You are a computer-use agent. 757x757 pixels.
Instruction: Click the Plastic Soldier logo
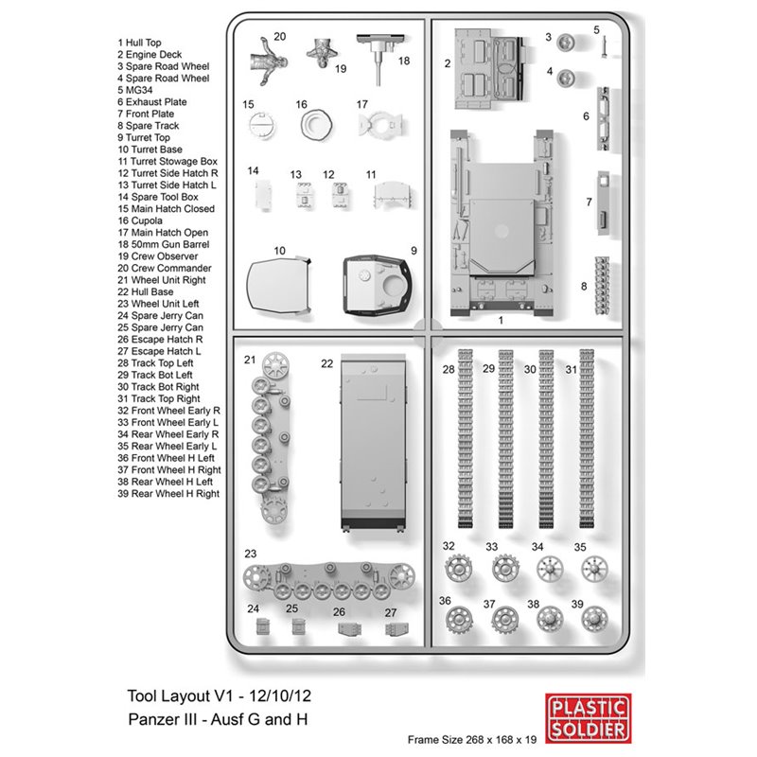pyautogui.click(x=588, y=718)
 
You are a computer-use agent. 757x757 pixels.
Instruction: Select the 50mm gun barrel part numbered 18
pyautogui.click(x=379, y=58)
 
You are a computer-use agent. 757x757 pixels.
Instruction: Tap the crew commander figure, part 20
pyautogui.click(x=269, y=62)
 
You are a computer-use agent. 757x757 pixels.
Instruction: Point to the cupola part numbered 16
pyautogui.click(x=316, y=125)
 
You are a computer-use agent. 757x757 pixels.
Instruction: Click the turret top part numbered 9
pyautogui.click(x=377, y=285)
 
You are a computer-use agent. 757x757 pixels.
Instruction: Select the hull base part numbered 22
pyautogui.click(x=373, y=443)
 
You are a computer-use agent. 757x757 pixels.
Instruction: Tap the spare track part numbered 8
pyautogui.click(x=602, y=286)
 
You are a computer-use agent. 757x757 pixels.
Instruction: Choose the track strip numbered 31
pyautogui.click(x=587, y=438)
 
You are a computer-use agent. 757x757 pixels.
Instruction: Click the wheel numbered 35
pyautogui.click(x=594, y=569)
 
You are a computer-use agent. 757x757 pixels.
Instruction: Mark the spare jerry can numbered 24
pyautogui.click(x=263, y=625)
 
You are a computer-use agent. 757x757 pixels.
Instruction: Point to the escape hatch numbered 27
pyautogui.click(x=396, y=629)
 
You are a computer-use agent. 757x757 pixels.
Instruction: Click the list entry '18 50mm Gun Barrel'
pyautogui.click(x=164, y=244)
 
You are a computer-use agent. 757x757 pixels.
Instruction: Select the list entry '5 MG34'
pyautogui.click(x=135, y=90)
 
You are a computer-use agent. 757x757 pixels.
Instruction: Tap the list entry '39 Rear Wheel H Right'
pyautogui.click(x=168, y=493)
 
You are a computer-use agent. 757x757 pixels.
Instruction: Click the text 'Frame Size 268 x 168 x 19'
pyautogui.click(x=471, y=740)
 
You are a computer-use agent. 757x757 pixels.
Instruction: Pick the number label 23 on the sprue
pyautogui.click(x=251, y=554)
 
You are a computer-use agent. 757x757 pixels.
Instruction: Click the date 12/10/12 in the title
pyautogui.click(x=280, y=695)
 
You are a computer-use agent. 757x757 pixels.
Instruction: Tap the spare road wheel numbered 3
pyautogui.click(x=565, y=43)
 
